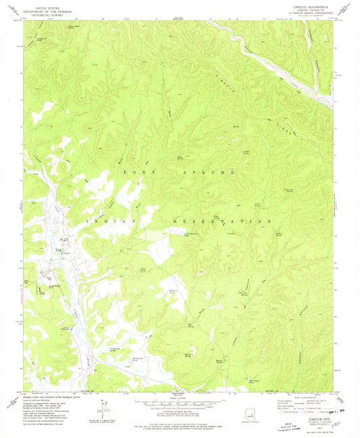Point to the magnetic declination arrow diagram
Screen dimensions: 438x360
pyautogui.click(x=102, y=410)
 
